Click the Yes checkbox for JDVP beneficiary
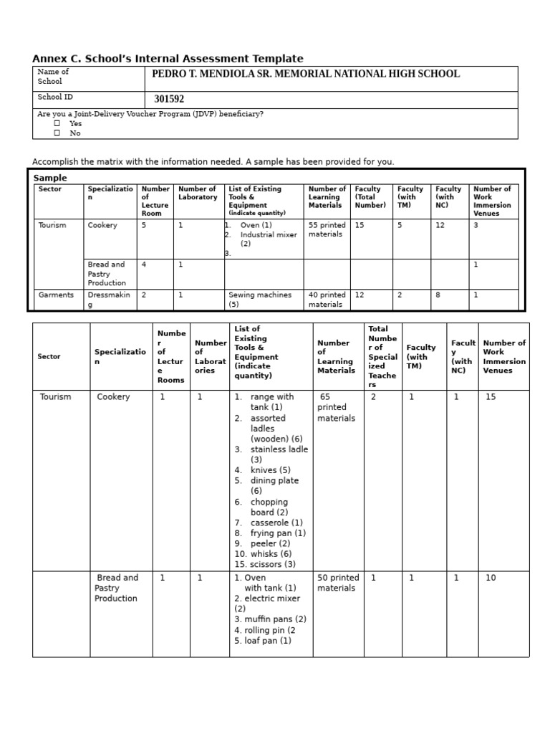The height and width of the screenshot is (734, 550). coord(57,123)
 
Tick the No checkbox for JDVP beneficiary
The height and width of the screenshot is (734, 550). coord(57,133)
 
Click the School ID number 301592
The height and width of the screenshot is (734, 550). coord(169,100)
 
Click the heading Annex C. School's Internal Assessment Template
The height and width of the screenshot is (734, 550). coord(168,59)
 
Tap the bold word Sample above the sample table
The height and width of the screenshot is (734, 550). coord(50,178)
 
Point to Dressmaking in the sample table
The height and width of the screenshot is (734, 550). coord(109,300)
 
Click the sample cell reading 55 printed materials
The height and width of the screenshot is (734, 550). coord(327,229)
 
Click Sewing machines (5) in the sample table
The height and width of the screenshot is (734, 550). coord(260,300)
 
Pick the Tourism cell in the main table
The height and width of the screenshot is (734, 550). coord(55,397)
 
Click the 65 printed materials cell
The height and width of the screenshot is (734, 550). coord(336,407)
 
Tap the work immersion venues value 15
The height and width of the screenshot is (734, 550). coord(491,397)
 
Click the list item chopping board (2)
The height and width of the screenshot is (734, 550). coord(269,507)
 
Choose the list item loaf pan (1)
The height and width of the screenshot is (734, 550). coord(263,641)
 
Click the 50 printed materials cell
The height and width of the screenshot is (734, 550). coord(338,583)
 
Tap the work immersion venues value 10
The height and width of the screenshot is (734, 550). coord(491,578)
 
